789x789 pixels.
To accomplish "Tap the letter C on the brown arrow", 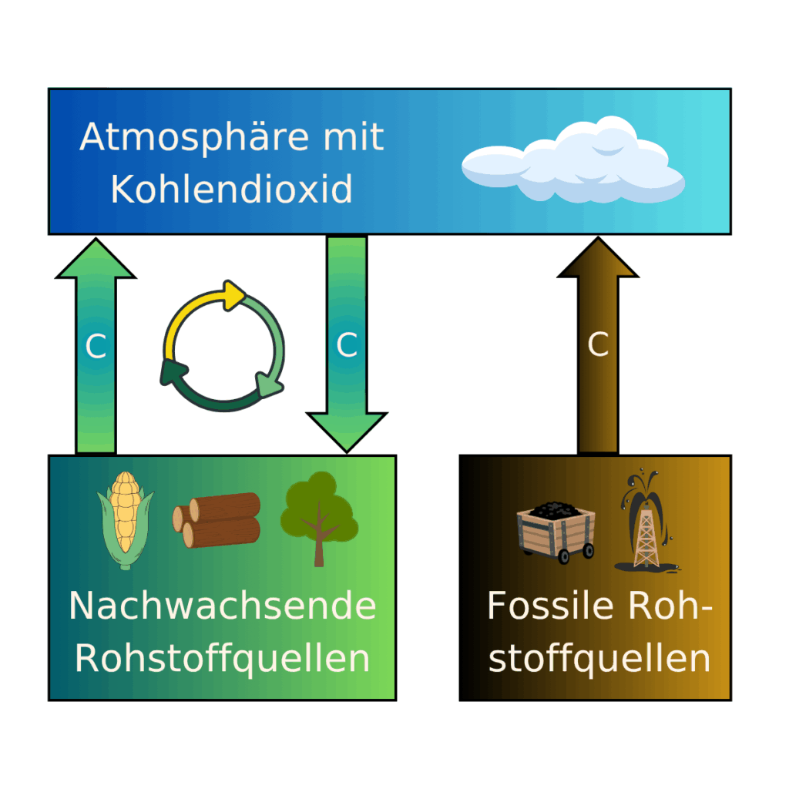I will (x=598, y=346).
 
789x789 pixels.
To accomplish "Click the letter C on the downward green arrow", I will (x=347, y=346).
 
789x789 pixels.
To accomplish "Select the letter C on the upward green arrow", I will (x=96, y=347).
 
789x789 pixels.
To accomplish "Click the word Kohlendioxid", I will (x=231, y=189).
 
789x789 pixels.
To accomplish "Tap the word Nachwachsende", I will (x=222, y=606).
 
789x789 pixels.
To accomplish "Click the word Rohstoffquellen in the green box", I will (x=222, y=660).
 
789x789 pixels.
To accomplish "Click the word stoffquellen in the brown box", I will (x=599, y=660).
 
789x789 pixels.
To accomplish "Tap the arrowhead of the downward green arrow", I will (x=347, y=431).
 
